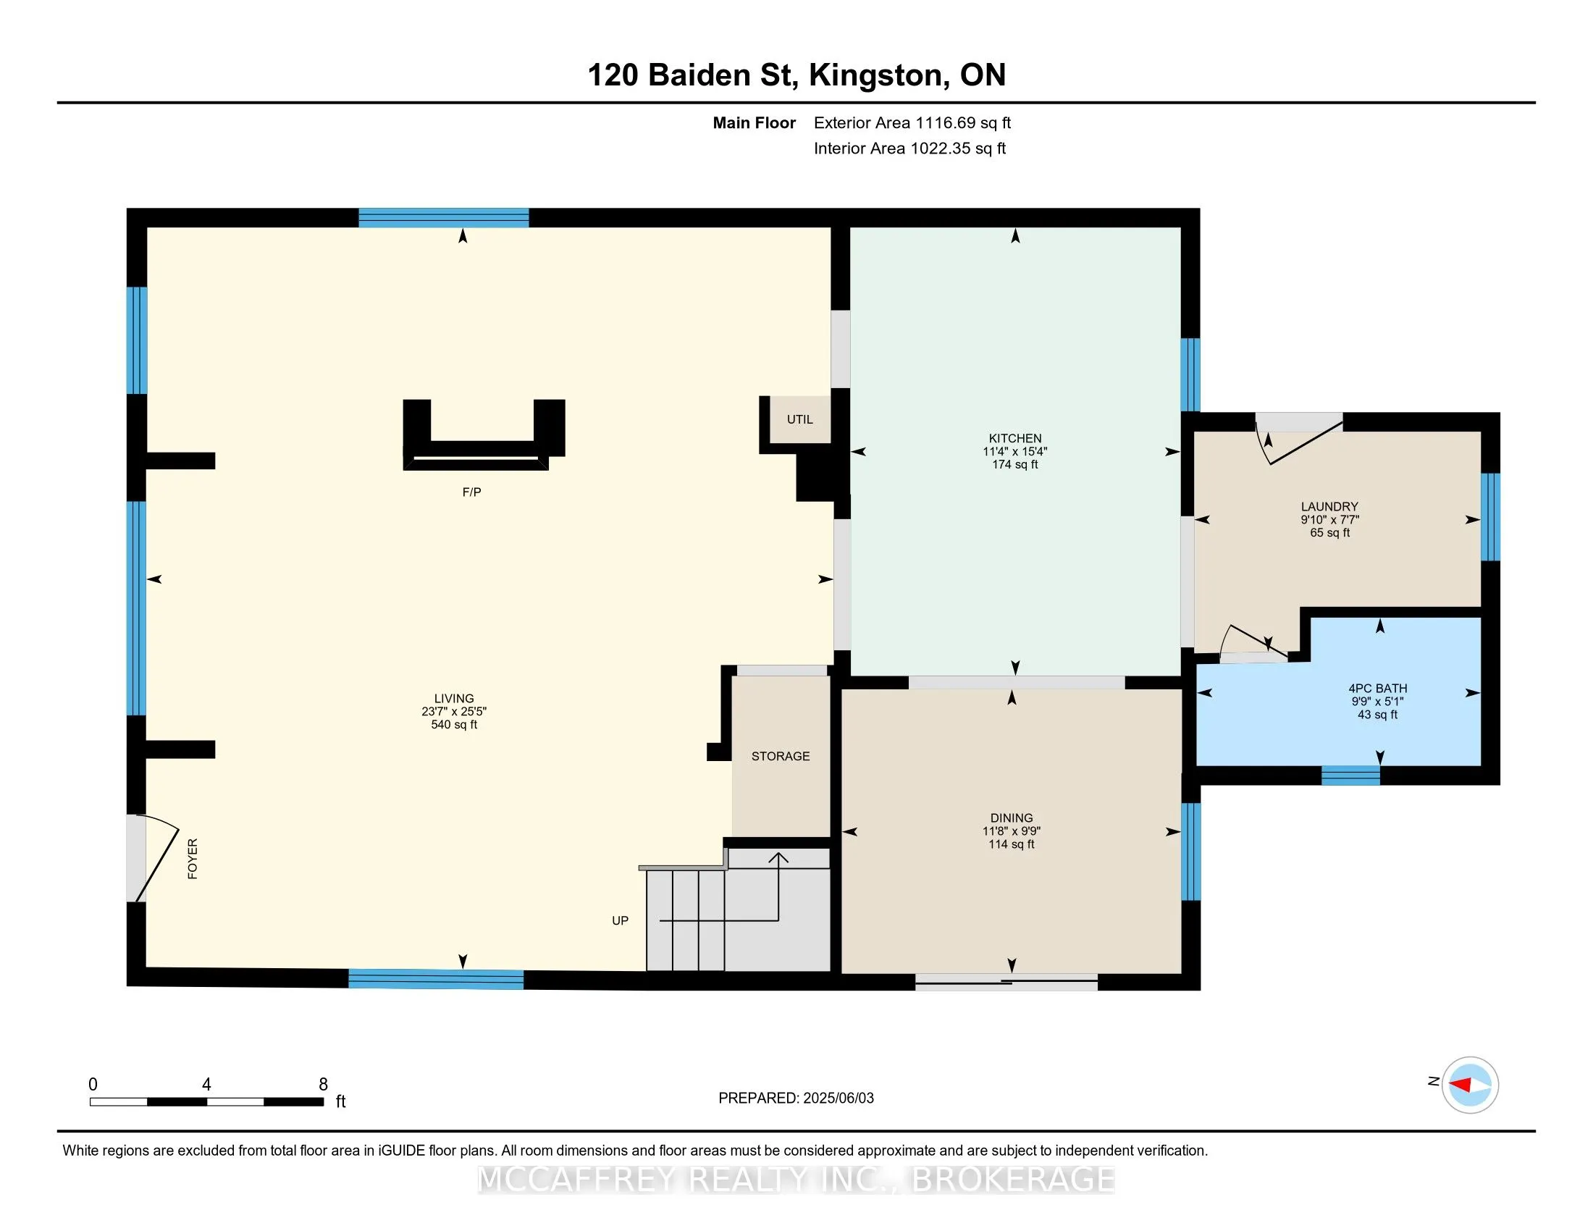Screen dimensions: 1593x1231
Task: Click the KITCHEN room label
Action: coord(1014,438)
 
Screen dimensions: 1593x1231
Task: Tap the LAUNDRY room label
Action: coord(1329,506)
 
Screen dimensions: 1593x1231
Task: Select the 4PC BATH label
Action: coord(1377,689)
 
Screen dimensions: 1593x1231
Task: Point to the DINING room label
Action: coord(1011,818)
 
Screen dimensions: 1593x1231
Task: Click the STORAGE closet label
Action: coord(781,756)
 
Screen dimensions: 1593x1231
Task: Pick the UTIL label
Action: coord(799,419)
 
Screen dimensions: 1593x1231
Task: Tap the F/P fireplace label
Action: coord(471,492)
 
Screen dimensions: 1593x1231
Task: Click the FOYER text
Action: coord(193,858)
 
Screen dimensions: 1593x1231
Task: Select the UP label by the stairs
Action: coord(620,920)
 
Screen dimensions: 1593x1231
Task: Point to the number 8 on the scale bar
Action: coord(323,1085)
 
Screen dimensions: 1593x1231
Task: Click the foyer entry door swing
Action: coord(158,857)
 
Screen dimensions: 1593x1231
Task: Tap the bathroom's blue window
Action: coord(1350,776)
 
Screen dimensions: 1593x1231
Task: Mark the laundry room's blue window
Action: coord(1490,517)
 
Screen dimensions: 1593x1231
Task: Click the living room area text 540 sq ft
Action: coord(454,725)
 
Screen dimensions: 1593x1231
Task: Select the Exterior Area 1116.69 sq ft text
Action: coord(912,123)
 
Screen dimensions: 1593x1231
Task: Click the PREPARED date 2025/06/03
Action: coord(838,1098)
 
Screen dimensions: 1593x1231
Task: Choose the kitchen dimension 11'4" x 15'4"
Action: coord(1014,451)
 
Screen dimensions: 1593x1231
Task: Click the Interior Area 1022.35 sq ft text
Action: coord(909,148)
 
